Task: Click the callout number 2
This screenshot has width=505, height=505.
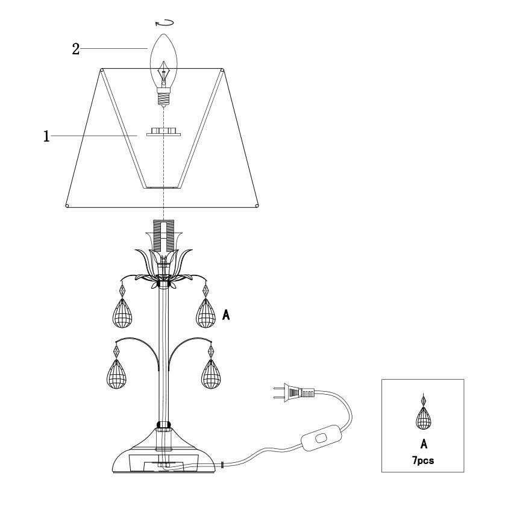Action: pyautogui.click(x=76, y=49)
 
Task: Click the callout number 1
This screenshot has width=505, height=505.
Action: pyautogui.click(x=46, y=137)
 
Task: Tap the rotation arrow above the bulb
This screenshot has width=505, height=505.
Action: pyautogui.click(x=164, y=23)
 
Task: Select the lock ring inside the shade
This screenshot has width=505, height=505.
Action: pyautogui.click(x=163, y=131)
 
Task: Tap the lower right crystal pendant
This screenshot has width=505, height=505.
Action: pyautogui.click(x=211, y=374)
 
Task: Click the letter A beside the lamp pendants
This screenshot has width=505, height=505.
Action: pyautogui.click(x=227, y=315)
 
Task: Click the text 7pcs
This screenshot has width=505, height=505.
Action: pyautogui.click(x=423, y=460)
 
